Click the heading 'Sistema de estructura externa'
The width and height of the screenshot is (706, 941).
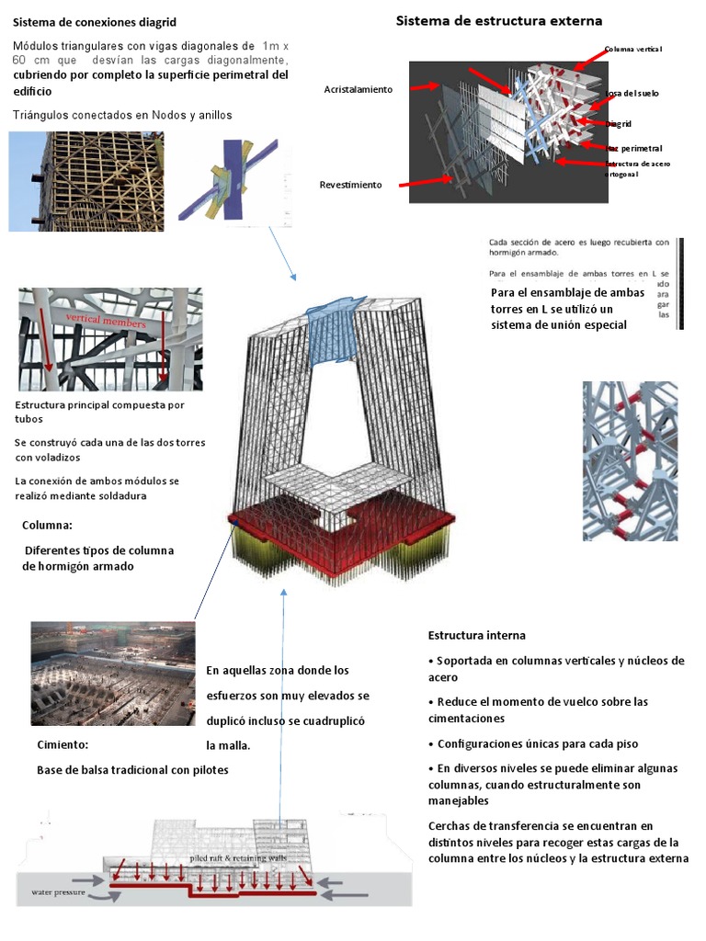click(x=499, y=20)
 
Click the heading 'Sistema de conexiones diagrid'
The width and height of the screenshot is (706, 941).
click(x=95, y=21)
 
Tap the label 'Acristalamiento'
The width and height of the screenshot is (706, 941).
click(x=358, y=89)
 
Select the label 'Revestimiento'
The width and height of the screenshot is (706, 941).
click(x=350, y=185)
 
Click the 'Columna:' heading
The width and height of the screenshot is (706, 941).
click(x=47, y=526)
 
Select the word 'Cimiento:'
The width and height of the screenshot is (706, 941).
click(x=63, y=744)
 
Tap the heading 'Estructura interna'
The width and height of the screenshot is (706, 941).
click(x=477, y=635)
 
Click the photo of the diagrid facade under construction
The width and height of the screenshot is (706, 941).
click(x=85, y=181)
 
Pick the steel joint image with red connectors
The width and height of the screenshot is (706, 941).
click(x=630, y=460)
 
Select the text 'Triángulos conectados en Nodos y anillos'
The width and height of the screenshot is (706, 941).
click(x=123, y=115)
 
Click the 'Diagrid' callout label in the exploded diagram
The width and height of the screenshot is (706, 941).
click(x=620, y=123)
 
